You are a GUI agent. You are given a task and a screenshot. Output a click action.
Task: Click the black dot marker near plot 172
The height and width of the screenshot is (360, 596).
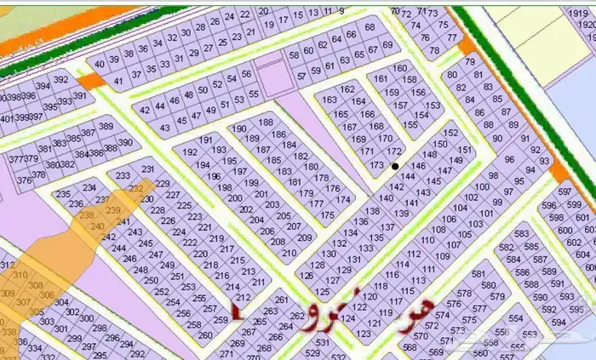394,165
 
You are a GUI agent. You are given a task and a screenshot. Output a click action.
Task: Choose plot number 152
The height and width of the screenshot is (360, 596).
452,134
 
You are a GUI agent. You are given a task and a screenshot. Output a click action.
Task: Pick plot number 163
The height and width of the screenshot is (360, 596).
330,100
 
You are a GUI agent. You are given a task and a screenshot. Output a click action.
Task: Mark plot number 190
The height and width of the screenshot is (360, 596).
239,128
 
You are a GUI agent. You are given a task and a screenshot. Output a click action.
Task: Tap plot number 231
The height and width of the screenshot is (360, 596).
147,170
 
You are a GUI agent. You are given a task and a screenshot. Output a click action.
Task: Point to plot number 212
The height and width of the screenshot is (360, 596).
243,297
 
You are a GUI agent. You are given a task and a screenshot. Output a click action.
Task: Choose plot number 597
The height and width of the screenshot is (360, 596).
564,192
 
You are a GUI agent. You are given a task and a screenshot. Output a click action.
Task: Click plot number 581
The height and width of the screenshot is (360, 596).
477,274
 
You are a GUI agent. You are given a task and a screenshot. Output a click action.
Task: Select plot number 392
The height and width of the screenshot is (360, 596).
60,79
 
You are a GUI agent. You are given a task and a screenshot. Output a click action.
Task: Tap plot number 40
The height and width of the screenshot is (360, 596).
100,64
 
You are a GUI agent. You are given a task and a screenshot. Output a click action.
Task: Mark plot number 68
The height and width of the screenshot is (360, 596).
370,27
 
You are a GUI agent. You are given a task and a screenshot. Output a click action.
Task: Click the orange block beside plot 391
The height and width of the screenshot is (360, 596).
89,80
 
